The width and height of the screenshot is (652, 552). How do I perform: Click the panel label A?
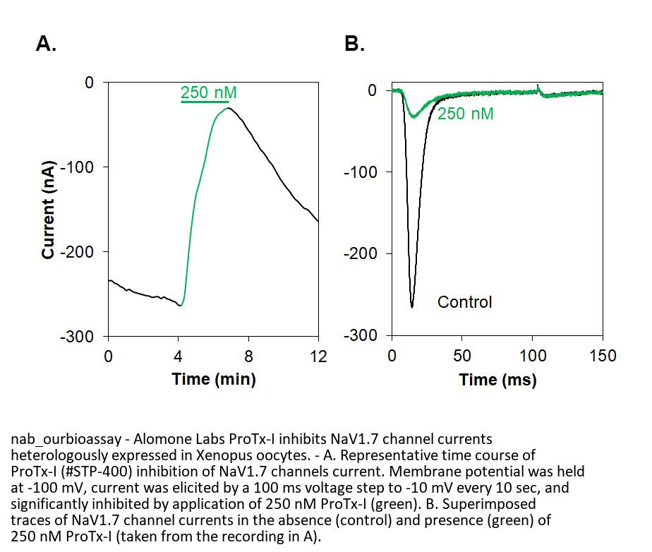click(x=47, y=44)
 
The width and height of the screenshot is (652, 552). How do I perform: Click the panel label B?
click(x=354, y=44)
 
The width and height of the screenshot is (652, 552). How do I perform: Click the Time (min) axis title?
click(x=213, y=379)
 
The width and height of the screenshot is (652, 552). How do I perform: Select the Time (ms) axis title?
click(x=497, y=380)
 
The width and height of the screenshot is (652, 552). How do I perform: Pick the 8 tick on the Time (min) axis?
click(x=248, y=356)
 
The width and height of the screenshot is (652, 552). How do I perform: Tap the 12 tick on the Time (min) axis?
click(x=319, y=356)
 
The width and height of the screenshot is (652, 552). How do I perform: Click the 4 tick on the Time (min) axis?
click(x=179, y=356)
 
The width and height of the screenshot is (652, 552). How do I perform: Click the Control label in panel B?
click(x=464, y=302)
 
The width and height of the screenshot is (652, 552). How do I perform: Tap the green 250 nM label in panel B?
click(x=465, y=113)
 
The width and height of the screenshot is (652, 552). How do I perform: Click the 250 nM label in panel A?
click(x=209, y=92)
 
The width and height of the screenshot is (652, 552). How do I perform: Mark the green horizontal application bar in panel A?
click(x=205, y=102)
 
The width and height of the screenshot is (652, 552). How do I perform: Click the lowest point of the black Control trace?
click(x=412, y=307)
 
